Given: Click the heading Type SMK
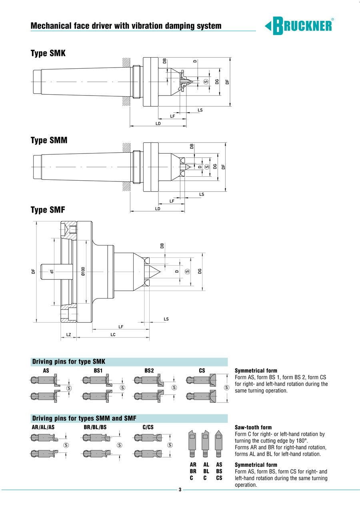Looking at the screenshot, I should pos(48,53).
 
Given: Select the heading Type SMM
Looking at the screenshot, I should pos(49,141).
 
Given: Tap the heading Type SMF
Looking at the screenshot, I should pos(48,210).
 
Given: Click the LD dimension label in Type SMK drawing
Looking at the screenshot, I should pos(158,124).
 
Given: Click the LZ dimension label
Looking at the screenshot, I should pos(68,335).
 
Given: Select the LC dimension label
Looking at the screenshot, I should pos(113,335).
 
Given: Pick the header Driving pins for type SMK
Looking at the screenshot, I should pos(68,362).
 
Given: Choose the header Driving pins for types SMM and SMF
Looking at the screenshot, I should pos(84,418).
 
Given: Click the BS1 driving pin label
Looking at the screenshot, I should pos(98,371).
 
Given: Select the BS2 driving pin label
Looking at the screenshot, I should pos(149,371).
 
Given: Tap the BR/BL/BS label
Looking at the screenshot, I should pos(95,428).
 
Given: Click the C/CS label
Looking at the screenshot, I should pos(148,428).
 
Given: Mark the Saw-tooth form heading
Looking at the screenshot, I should pos(253,428).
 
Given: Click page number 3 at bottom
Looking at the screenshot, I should pos(180,490).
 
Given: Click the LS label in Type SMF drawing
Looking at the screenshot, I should pos(166,319).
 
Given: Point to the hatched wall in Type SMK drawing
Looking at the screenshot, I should pos(126,63).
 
